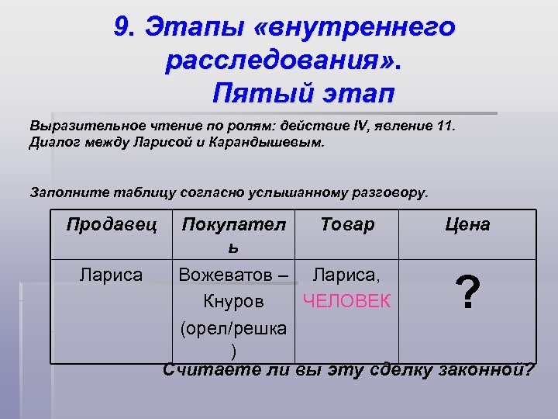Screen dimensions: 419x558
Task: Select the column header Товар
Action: click(346, 225)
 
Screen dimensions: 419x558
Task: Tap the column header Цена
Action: click(467, 225)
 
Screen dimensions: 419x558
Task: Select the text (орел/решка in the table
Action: click(233, 328)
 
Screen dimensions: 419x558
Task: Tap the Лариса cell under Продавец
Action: click(112, 275)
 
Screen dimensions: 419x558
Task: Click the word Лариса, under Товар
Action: click(346, 275)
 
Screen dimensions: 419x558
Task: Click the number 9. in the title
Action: click(124, 27)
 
